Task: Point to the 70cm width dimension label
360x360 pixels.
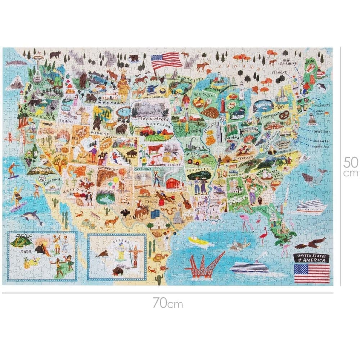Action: point(167,303)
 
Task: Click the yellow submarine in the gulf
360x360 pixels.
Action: point(198,241)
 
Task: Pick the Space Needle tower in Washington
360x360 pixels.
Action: point(37,67)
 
